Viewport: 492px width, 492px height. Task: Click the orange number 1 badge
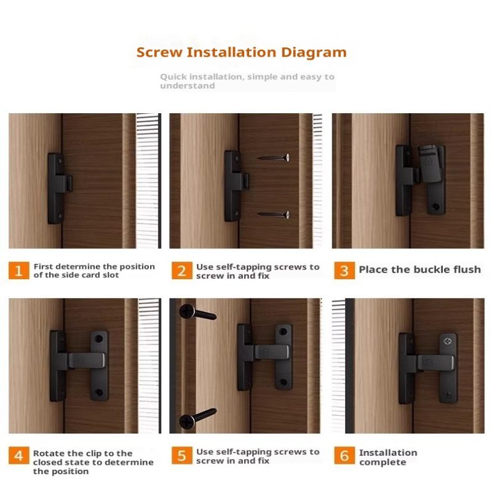[x=19, y=271]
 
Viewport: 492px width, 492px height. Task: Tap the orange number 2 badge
[x=182, y=271]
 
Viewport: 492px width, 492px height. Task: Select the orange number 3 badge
[x=344, y=271]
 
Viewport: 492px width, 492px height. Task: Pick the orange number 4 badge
[x=19, y=455]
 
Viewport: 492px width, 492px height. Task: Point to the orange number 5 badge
[x=182, y=455]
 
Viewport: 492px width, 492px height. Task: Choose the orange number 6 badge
[x=344, y=455]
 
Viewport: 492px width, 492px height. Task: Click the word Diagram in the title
[x=314, y=53]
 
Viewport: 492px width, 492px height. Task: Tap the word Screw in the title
[x=159, y=52]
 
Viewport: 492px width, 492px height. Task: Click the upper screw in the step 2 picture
[x=274, y=157]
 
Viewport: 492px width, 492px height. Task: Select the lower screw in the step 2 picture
[x=274, y=215]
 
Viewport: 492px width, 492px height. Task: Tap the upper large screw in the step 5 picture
[x=197, y=312]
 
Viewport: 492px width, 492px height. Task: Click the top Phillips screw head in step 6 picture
[x=448, y=341]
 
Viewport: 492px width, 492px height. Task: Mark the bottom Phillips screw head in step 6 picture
[x=448, y=395]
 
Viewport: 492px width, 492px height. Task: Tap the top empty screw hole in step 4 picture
[x=99, y=339]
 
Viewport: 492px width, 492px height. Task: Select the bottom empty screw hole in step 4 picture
[x=99, y=392]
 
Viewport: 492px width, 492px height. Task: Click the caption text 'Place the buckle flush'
[x=420, y=269]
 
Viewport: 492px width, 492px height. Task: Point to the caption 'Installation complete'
[x=388, y=457]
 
